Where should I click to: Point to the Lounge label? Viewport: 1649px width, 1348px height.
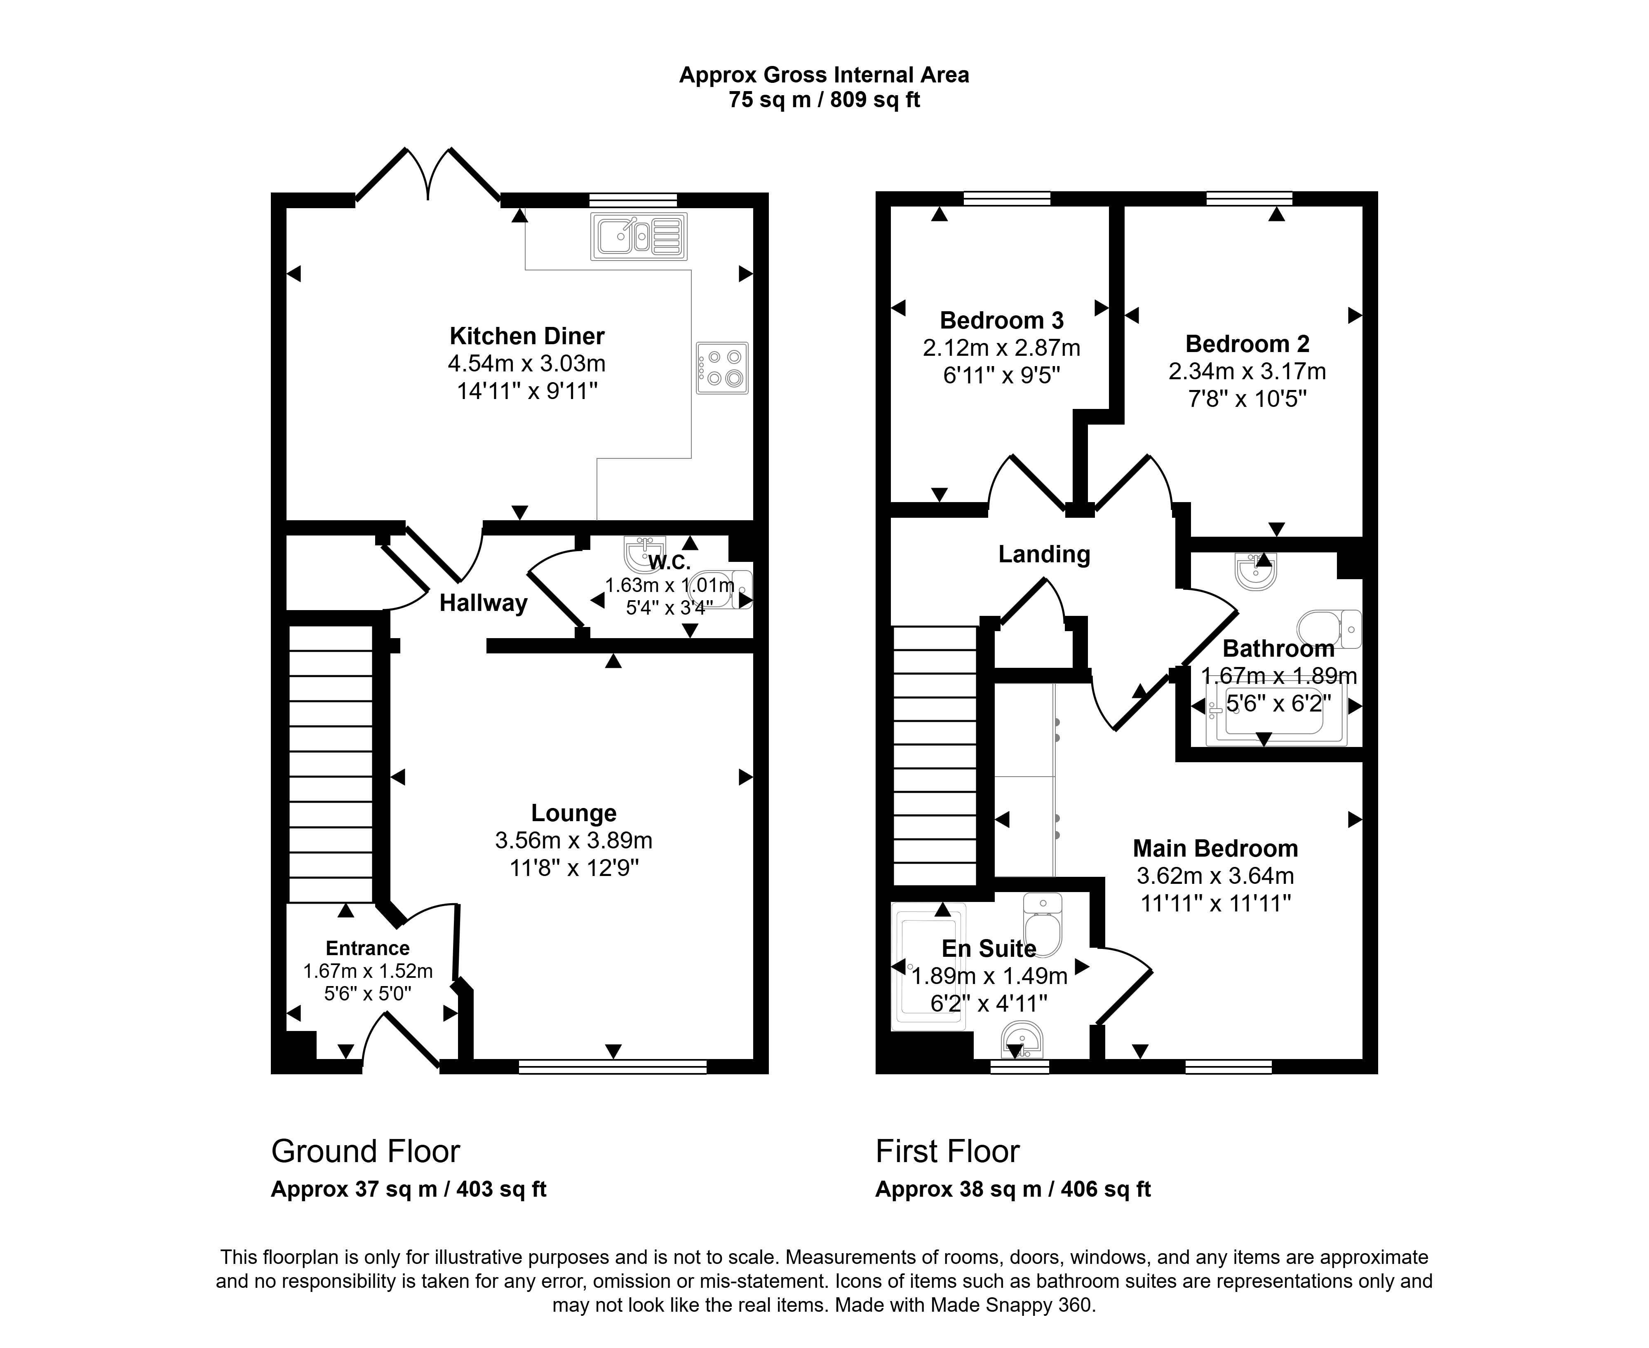(x=574, y=813)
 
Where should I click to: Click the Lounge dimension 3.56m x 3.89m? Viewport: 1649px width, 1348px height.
(x=574, y=840)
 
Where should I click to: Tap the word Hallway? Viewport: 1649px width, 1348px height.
(x=484, y=604)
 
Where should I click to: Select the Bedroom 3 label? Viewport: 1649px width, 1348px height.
(x=1001, y=320)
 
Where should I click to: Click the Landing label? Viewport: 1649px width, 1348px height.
(x=1044, y=554)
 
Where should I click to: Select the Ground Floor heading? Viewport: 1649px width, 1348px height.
(x=366, y=1151)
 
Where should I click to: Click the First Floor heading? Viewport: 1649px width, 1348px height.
(x=947, y=1151)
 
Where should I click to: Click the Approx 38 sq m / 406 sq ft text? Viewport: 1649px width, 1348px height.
(x=1013, y=1190)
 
